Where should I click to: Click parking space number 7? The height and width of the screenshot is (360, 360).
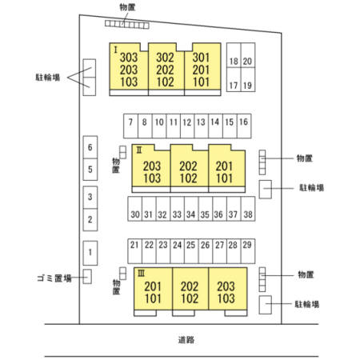pos(130,126)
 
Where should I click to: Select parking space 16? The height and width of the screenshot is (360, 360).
pos(244,126)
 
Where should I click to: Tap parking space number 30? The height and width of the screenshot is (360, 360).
pos(135,209)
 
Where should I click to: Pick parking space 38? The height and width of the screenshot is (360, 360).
pos(248,209)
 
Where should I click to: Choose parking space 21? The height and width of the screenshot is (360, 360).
pos(135,251)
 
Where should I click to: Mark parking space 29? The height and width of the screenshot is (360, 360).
pos(248,251)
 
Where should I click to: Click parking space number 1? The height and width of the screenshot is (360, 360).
pos(90,253)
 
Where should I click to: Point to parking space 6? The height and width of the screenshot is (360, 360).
pos(90,147)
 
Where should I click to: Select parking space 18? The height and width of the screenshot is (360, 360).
pos(234,55)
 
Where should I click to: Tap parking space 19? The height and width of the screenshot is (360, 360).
pos(248,79)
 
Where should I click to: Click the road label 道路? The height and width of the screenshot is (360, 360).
pos(186,340)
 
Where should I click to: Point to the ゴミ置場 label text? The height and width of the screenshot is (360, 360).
pos(54,278)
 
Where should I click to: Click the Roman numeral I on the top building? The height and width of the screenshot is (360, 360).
pos(116,50)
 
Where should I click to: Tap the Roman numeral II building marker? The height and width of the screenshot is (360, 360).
pos(139,150)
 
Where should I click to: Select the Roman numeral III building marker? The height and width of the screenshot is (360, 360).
pos(142,273)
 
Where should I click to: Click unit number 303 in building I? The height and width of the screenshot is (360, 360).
pos(129,58)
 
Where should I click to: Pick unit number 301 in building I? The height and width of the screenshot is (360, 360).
pos(201,58)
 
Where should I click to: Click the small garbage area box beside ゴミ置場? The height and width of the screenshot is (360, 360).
pos(87,277)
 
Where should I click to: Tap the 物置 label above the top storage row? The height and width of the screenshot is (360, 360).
pos(127,7)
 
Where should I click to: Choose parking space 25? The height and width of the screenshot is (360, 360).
pos(191,251)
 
